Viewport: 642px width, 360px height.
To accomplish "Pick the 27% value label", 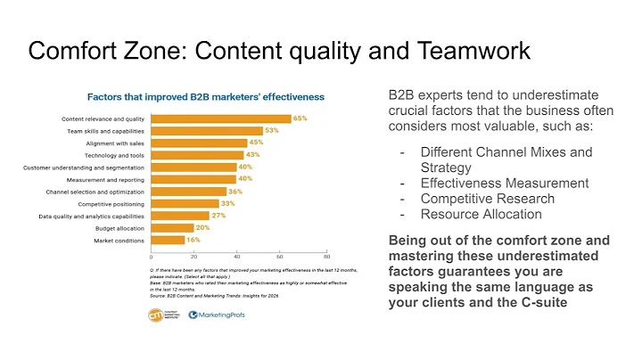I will [x=218, y=216].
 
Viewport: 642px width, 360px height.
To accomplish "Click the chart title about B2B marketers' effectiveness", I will [x=205, y=95].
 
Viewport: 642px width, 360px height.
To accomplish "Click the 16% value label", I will [x=193, y=240].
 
